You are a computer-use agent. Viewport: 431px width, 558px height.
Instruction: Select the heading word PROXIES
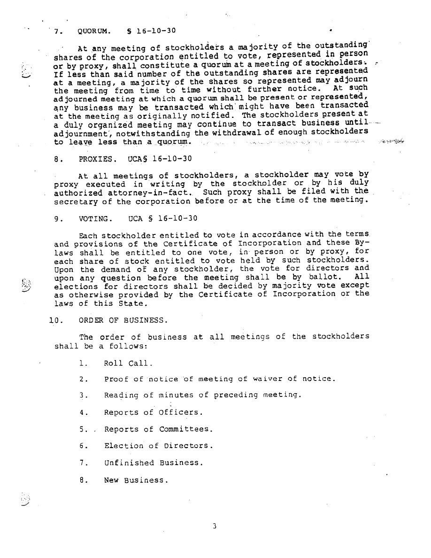pyautogui.click(x=96, y=159)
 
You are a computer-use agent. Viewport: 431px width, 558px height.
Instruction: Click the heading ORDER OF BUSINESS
pyautogui.click(x=122, y=320)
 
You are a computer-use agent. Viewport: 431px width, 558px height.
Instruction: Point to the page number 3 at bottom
pyautogui.click(x=214, y=526)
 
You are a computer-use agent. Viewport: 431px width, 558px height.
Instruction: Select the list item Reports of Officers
pyautogui.click(x=154, y=412)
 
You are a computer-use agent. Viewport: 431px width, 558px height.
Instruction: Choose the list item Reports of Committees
pyautogui.click(x=158, y=429)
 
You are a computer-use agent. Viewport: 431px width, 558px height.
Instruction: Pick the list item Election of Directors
pyautogui.click(x=158, y=446)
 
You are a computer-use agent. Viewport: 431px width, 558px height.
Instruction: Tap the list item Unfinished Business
pyautogui.click(x=154, y=463)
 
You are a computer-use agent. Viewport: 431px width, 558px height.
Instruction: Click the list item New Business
pyautogui.click(x=136, y=480)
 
